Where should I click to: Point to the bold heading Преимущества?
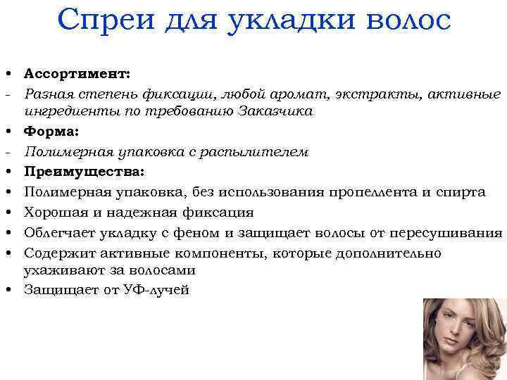pyautogui.click(x=84, y=171)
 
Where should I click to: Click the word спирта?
pyautogui.click(x=460, y=191)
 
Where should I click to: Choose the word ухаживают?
pyautogui.click(x=61, y=270)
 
